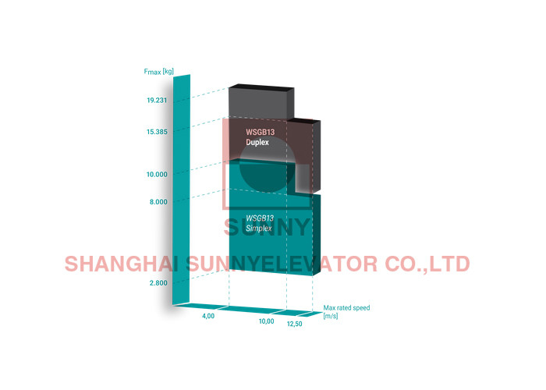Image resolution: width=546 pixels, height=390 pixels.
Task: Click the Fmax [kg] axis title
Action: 159,72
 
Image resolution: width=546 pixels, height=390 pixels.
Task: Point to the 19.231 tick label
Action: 157,101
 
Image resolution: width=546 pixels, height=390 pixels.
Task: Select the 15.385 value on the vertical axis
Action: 157,132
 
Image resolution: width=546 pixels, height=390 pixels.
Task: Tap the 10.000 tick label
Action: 157,174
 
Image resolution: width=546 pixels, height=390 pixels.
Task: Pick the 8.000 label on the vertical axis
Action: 158,201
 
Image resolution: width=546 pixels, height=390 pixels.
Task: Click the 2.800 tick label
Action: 158,282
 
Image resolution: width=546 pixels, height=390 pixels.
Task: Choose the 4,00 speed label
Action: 208,316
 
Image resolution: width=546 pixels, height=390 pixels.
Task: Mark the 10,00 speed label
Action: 267,321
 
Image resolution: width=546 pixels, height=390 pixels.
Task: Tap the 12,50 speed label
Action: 295,324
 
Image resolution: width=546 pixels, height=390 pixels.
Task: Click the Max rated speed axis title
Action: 346,308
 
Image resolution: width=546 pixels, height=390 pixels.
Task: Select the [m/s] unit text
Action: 331,316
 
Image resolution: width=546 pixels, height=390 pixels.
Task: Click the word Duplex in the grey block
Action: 257,143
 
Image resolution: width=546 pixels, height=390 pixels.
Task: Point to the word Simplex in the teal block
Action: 259,229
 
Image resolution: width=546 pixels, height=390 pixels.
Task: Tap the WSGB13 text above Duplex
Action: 260,132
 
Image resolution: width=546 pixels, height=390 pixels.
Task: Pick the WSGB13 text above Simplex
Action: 260,218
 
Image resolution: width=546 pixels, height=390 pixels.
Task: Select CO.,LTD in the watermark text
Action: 427,264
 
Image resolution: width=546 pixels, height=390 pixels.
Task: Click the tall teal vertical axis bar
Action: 182,190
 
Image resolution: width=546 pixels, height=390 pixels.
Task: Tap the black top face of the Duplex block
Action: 261,86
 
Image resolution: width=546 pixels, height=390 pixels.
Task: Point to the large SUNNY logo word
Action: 267,227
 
